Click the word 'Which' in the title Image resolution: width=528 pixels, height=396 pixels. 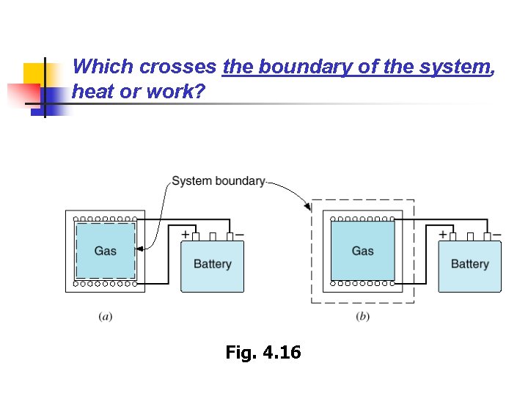[103, 67]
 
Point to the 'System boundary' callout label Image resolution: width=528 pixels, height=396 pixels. [218, 181]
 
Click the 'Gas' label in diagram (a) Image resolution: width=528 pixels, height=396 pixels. [106, 251]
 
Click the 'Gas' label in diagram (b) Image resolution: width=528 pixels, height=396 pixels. [363, 251]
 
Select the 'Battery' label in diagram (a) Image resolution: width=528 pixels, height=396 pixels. [212, 264]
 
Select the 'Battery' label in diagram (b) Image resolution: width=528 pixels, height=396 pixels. [469, 264]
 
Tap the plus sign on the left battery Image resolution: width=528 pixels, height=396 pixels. [186, 235]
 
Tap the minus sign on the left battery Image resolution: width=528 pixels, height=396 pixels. [240, 235]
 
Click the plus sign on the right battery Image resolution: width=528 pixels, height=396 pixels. [443, 235]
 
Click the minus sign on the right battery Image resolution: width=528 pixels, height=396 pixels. [497, 235]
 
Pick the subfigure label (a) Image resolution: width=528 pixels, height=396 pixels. [106, 317]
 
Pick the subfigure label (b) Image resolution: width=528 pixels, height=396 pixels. [363, 317]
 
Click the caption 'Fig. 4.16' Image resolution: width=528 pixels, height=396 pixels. [263, 353]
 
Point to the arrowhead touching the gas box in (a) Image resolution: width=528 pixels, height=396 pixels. [139, 249]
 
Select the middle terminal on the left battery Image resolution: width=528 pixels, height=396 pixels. [213, 237]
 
